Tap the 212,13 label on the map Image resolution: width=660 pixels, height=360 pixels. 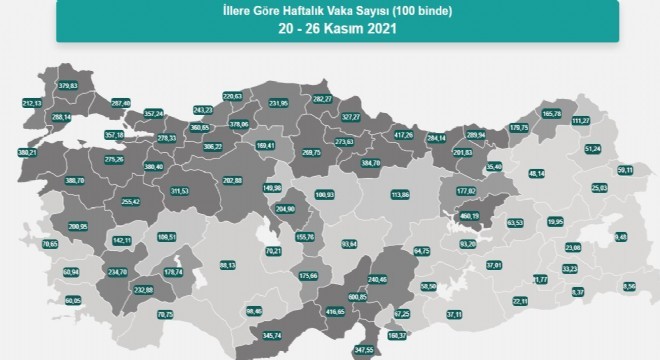point(32,102)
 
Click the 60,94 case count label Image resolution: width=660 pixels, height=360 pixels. point(70,272)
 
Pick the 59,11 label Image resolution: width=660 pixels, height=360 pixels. point(626,170)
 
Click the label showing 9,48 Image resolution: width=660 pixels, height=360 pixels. point(621,237)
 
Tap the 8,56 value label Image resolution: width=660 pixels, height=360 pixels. point(628,287)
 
